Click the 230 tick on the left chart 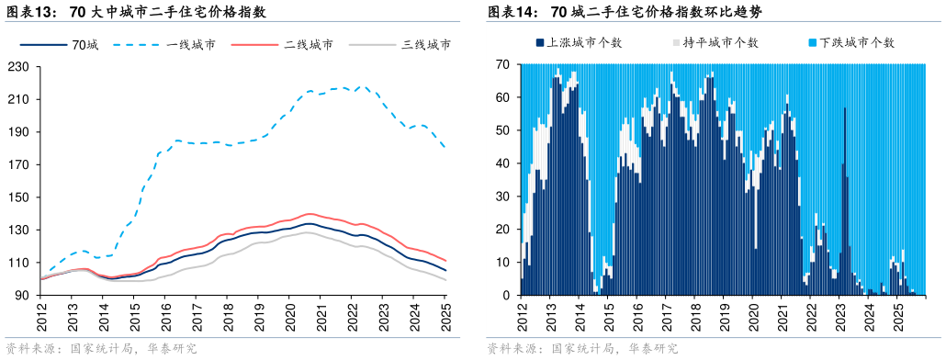coord(18,66)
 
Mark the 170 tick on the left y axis coord(18,164)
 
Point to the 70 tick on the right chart coord(502,64)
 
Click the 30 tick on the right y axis coord(502,197)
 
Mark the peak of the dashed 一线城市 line coord(362,87)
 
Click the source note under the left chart coord(101,349)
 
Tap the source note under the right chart coord(582,349)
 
